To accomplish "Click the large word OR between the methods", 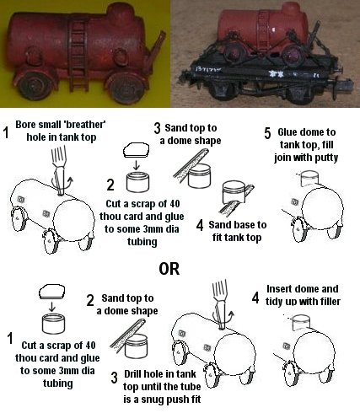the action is point(169,269).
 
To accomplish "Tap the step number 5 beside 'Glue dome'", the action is point(267,133).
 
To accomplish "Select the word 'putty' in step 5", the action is point(326,158).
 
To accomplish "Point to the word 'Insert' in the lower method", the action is point(279,289).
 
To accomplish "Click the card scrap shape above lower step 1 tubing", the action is point(52,291).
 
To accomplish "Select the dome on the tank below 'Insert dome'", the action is point(302,322).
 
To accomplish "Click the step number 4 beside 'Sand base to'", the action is point(200,225).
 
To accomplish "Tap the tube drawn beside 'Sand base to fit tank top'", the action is point(234,191).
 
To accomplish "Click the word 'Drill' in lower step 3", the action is point(132,374).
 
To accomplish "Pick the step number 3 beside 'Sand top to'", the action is point(158,128).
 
